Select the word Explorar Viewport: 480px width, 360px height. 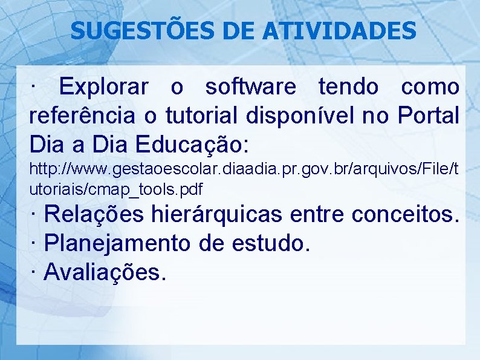104,88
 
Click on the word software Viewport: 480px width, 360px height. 251,88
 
